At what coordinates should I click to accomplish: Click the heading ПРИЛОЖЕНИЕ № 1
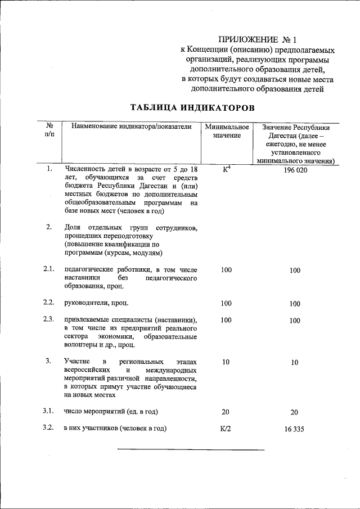[256, 39]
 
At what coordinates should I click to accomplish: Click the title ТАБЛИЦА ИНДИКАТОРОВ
[192, 107]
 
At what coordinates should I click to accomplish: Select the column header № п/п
[49, 132]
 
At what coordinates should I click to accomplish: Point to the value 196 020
[295, 170]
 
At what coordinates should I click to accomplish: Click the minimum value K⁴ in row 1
[227, 169]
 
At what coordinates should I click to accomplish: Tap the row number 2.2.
[49, 303]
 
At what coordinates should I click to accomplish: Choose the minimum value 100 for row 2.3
[226, 320]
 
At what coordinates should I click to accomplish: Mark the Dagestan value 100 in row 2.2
[295, 304]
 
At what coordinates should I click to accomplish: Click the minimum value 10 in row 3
[226, 362]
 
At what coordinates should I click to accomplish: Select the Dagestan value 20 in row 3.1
[295, 412]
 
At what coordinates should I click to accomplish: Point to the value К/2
[226, 429]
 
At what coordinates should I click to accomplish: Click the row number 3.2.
[49, 428]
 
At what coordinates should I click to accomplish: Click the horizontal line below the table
[179, 449]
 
